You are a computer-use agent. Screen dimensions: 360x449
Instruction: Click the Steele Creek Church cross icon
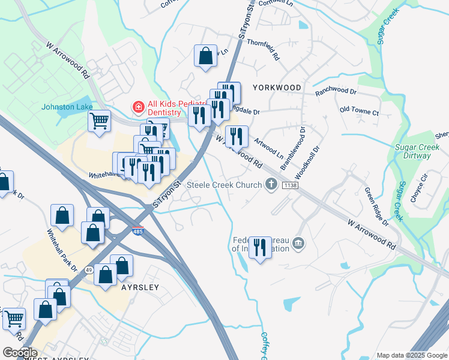pos(271,185)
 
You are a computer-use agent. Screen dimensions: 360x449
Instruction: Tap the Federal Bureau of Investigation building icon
pos(298,244)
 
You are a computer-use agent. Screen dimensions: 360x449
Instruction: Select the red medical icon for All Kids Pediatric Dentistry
pos(137,107)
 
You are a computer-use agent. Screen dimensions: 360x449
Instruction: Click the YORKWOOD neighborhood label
pos(277,88)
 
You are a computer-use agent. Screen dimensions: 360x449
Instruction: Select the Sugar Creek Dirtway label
pos(413,151)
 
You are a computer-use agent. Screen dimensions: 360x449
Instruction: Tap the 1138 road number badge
pos(291,185)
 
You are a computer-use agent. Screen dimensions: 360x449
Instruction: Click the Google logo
pos(19,353)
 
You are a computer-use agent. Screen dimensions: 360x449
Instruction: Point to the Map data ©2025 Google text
pos(411,355)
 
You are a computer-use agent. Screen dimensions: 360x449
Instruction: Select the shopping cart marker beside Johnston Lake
pos(100,121)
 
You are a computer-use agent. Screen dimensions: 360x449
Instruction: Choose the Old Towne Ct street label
pos(359,112)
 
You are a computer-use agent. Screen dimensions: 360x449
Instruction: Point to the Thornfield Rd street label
pos(264,50)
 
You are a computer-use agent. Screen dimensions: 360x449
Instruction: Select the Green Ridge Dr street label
pos(376,206)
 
